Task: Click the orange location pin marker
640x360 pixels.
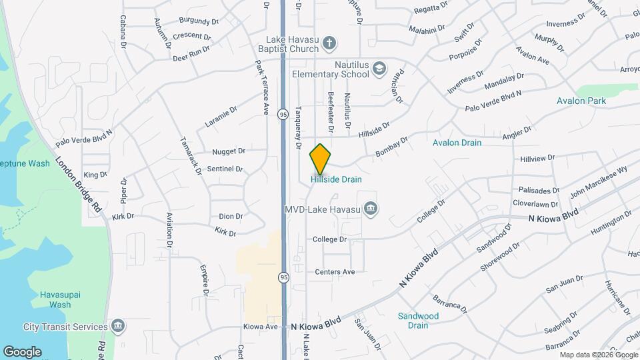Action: click(320, 159)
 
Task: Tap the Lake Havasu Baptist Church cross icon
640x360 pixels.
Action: click(328, 44)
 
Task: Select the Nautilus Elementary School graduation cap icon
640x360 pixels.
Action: click(379, 68)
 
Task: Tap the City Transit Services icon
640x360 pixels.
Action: click(118, 327)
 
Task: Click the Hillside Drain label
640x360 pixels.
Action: click(336, 179)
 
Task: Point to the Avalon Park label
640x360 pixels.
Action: click(581, 101)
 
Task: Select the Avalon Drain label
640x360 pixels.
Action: click(457, 143)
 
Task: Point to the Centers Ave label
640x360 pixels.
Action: click(335, 272)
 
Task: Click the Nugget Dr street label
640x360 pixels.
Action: click(229, 152)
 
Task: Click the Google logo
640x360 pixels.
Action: click(22, 351)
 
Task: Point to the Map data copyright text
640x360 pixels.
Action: click(597, 355)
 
